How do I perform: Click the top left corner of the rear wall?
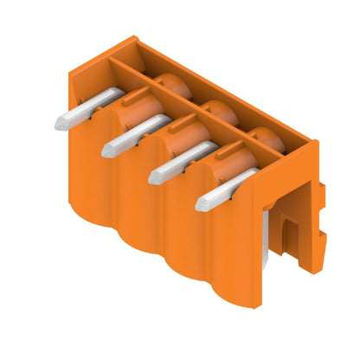point(135,38)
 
